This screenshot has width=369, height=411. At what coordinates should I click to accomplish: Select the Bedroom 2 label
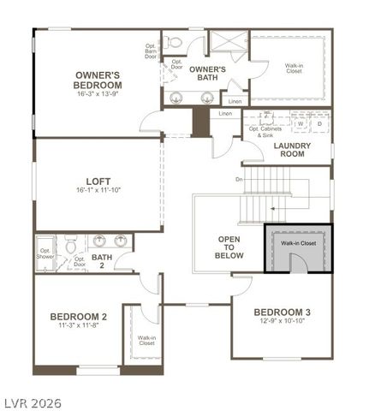click(78, 316)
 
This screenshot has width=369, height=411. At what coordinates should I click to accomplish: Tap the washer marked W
click(301, 123)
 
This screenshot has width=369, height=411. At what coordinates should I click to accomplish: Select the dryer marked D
click(318, 123)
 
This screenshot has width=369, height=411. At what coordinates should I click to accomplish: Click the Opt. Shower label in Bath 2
click(45, 254)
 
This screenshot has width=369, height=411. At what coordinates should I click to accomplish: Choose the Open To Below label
click(229, 247)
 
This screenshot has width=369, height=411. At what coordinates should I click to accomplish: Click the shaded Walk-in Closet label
click(298, 243)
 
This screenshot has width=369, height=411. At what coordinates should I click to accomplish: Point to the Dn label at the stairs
click(239, 179)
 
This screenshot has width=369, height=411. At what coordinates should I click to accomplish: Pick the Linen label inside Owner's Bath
click(235, 101)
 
